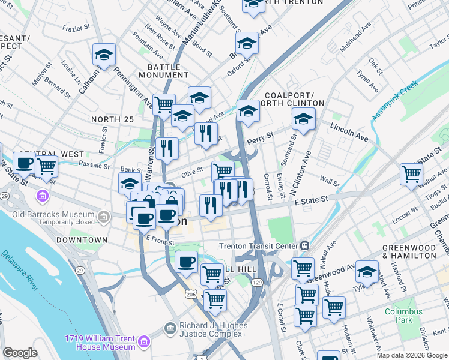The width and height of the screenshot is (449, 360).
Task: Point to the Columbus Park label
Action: tap(400, 316)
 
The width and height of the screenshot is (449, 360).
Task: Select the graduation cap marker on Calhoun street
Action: tap(104, 55)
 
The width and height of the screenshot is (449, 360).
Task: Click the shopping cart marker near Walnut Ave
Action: tap(412, 174)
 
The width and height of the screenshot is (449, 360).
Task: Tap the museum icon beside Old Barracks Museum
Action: tap(43, 196)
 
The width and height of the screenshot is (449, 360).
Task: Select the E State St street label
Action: tap(310, 200)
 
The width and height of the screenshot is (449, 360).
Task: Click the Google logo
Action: tap(20, 353)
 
